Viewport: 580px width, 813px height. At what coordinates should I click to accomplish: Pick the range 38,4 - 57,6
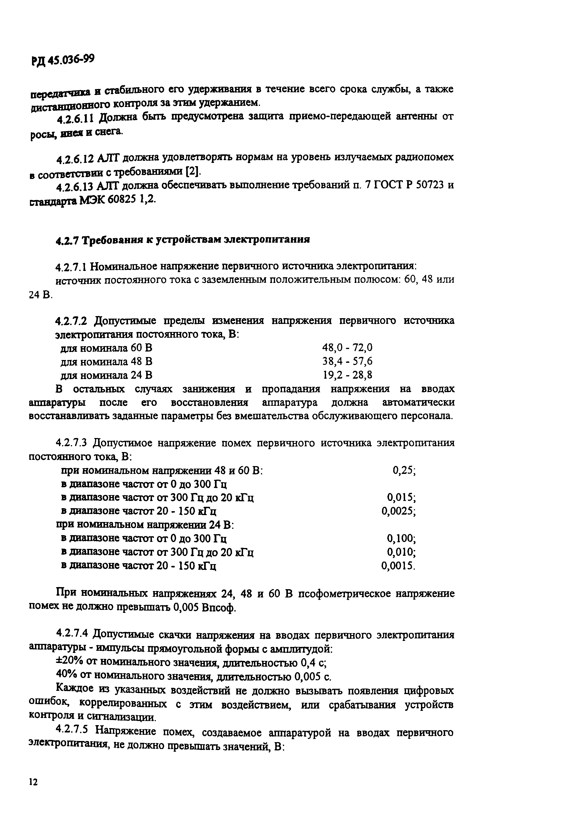(347, 362)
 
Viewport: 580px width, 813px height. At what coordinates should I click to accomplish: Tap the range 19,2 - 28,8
(347, 375)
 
